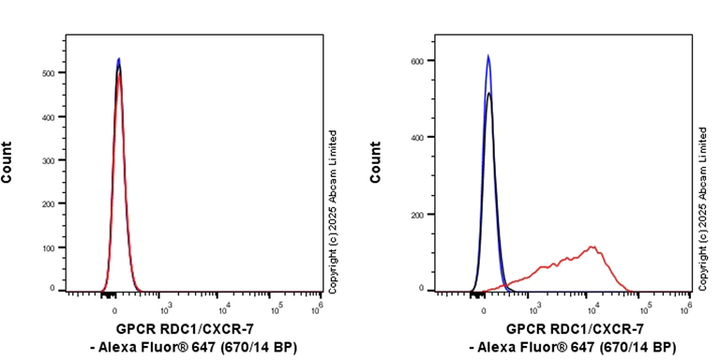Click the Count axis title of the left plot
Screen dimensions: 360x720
[7, 161]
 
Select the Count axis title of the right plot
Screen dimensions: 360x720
[376, 161]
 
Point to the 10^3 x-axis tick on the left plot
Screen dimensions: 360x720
[166, 303]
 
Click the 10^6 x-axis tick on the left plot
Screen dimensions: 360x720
[320, 303]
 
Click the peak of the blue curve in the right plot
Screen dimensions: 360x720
[487, 56]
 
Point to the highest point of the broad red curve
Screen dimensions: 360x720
[592, 247]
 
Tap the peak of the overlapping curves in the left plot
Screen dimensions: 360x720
[118, 60]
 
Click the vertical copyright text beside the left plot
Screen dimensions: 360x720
[333, 209]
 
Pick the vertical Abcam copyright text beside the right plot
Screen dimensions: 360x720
[703, 209]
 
